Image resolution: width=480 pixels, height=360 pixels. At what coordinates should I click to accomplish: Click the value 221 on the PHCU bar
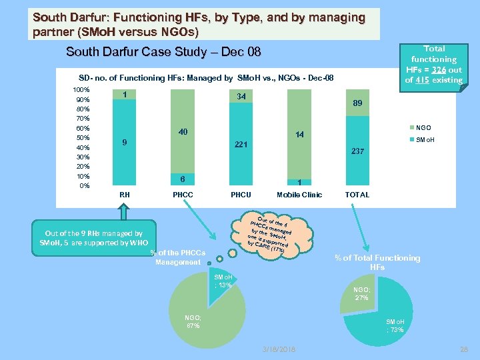point(241,144)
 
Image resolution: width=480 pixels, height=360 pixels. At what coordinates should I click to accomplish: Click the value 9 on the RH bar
point(124,142)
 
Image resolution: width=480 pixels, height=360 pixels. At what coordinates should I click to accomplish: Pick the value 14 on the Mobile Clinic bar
point(299,135)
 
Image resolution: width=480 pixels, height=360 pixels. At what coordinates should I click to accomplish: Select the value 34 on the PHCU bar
point(241,97)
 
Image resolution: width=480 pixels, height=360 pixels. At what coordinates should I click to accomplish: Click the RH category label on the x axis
point(124,195)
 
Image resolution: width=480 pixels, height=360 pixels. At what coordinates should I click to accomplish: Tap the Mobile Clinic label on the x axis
point(299,195)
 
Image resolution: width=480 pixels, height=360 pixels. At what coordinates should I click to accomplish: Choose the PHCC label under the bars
point(183,195)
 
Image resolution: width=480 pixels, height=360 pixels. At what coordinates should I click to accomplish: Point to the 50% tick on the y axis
point(81,137)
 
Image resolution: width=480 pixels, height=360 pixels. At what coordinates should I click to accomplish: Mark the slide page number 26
point(465,349)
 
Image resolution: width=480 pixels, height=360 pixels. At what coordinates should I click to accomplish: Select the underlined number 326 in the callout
point(437,70)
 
